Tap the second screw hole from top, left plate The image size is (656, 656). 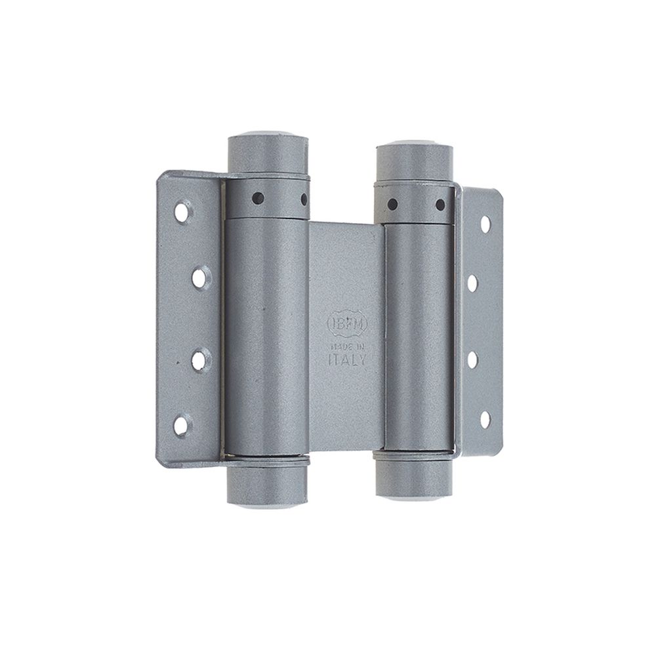[199, 278]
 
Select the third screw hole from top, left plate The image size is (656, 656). [199, 359]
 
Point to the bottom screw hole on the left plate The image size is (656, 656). [181, 426]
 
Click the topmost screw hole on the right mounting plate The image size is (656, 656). [485, 224]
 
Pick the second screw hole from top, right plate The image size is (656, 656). [472, 283]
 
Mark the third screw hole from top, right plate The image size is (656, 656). [472, 359]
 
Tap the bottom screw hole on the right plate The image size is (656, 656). [485, 419]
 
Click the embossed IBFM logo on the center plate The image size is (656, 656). [347, 323]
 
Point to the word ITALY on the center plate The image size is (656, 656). [346, 360]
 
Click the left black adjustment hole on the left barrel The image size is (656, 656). [258, 196]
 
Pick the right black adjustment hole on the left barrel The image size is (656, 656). [304, 197]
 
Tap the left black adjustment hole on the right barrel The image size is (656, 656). [392, 204]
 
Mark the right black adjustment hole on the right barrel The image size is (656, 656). [440, 205]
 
